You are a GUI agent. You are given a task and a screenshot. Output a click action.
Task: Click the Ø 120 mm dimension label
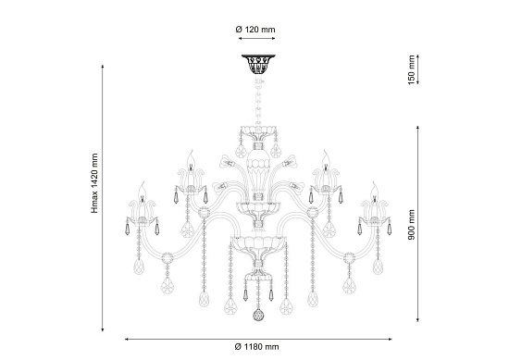pyautogui.click(x=256, y=30)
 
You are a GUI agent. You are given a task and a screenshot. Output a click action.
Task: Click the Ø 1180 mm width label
pyautogui.click(x=256, y=350)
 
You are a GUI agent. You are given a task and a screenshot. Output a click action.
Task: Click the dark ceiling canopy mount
pyautogui.click(x=256, y=65)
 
